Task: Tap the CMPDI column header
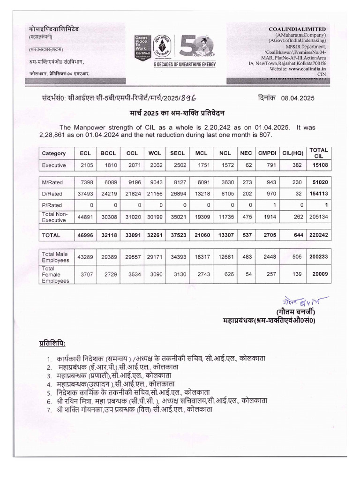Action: point(266,153)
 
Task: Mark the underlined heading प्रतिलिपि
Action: point(52,341)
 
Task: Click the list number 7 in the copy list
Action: point(48,409)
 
